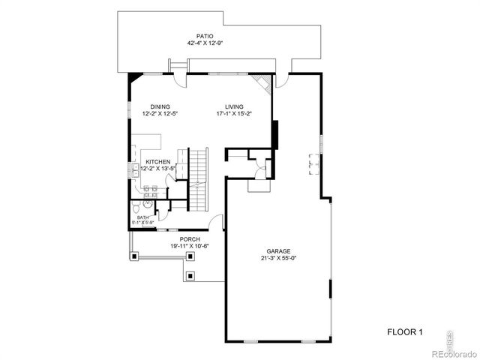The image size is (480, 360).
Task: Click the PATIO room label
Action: click(x=205, y=35)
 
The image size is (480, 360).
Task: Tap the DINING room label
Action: click(x=160, y=106)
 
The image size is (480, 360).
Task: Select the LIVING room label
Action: click(x=235, y=106)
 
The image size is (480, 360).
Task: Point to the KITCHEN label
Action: click(x=157, y=162)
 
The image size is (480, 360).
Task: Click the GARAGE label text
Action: click(x=278, y=251)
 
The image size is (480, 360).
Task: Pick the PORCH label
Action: click(x=168, y=238)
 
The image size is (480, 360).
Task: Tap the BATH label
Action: click(x=142, y=217)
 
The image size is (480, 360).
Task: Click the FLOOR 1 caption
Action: click(x=405, y=331)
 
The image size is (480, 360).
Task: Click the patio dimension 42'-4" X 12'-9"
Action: click(x=205, y=43)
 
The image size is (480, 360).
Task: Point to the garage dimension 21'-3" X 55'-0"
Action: click(x=278, y=259)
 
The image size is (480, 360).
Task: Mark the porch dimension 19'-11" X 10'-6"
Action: click(x=168, y=246)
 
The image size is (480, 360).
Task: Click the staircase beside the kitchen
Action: click(x=196, y=180)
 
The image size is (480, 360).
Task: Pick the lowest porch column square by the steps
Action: click(x=191, y=275)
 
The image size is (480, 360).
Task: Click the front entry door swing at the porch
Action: click(x=217, y=222)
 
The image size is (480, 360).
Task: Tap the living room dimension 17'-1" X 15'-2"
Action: click(x=235, y=114)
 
